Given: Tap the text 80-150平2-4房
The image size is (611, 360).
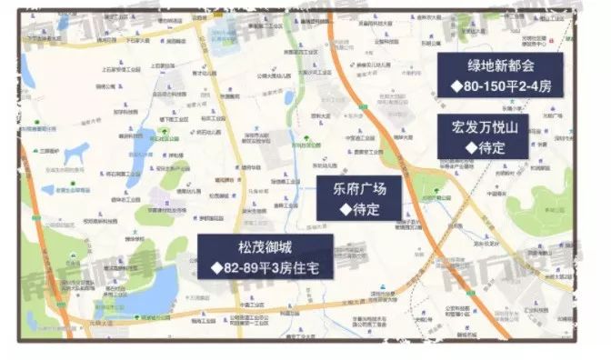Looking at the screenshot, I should coord(506,86).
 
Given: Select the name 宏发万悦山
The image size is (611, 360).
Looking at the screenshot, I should coord(486,125).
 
